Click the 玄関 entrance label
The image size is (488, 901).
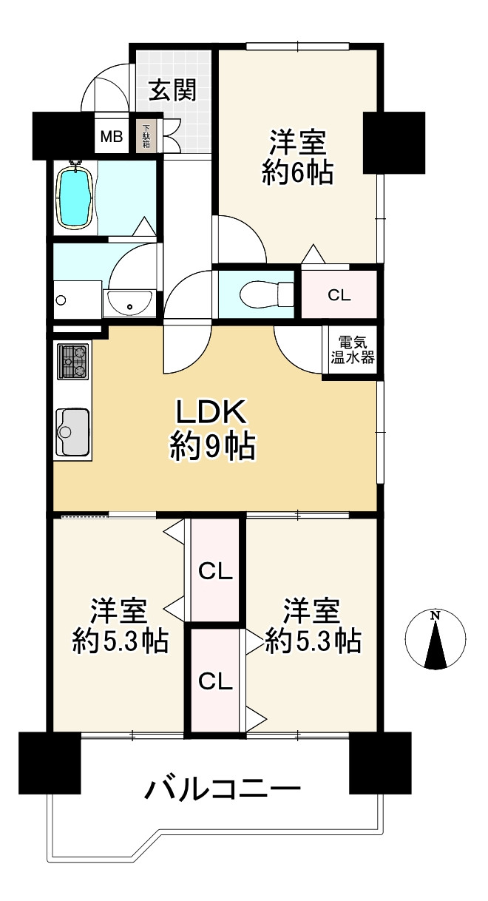pos(172,90)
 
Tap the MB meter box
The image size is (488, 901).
pos(112,137)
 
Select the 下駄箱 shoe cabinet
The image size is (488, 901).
pos(146,136)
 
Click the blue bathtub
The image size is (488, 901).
pos(76,197)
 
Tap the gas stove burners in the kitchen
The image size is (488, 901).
pos(72,361)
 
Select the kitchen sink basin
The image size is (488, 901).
pos(72,432)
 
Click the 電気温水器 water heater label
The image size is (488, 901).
pos(353,350)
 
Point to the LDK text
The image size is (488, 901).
pos(211,411)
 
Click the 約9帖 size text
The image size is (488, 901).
pos(212,447)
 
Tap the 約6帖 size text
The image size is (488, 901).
pos(297,173)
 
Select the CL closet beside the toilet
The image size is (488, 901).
pos(339,295)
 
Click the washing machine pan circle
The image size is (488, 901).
pos(61,300)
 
